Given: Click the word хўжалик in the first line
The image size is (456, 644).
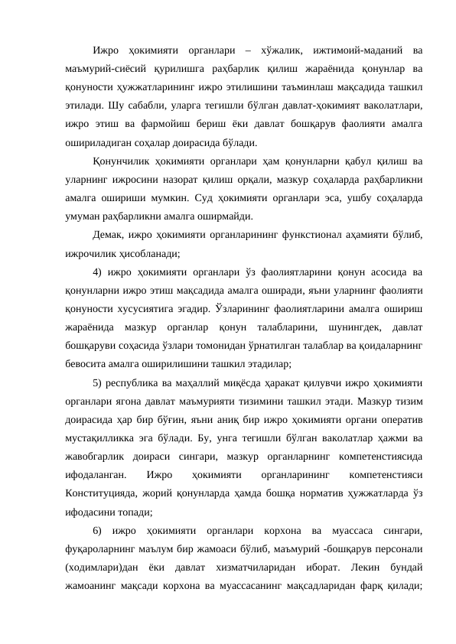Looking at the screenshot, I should [x=285, y=50].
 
